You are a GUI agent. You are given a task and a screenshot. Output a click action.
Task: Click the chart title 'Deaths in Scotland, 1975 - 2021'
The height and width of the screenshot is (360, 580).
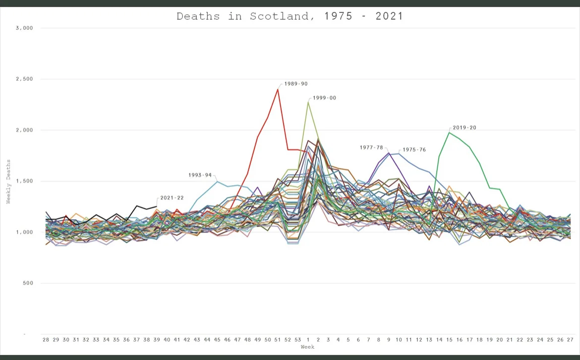pyautogui.click(x=290, y=16)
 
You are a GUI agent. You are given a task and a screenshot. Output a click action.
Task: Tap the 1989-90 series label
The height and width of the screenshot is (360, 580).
pyautogui.click(x=296, y=84)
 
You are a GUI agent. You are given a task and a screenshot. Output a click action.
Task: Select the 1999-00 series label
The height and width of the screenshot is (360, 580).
pyautogui.click(x=324, y=98)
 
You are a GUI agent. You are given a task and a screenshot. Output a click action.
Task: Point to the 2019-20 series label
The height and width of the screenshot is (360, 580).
pyautogui.click(x=464, y=127)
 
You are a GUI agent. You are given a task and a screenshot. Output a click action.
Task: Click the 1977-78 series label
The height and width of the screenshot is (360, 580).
pyautogui.click(x=371, y=147)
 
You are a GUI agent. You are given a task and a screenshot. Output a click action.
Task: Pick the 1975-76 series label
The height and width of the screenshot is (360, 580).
pyautogui.click(x=414, y=149)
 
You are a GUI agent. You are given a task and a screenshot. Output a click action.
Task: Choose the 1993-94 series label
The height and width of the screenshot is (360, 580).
pyautogui.click(x=200, y=175)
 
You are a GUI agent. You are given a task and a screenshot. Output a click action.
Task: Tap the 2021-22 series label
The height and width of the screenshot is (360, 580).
pyautogui.click(x=172, y=198)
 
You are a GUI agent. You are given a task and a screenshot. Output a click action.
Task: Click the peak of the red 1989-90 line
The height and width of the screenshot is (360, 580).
pyautogui.click(x=278, y=89)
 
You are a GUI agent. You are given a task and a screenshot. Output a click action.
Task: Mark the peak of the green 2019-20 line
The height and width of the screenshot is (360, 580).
pyautogui.click(x=449, y=132)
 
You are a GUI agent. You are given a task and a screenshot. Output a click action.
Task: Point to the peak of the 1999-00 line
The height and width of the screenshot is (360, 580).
pyautogui.click(x=308, y=102)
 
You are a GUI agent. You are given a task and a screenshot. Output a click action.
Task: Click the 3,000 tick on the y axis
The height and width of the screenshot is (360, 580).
pyautogui.click(x=24, y=28)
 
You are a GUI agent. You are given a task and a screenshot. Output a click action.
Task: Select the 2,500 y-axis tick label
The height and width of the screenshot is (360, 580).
pyautogui.click(x=24, y=79)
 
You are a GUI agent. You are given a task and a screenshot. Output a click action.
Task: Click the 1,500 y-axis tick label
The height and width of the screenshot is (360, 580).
pyautogui.click(x=24, y=181)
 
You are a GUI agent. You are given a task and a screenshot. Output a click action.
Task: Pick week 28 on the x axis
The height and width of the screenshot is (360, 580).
pyautogui.click(x=46, y=340)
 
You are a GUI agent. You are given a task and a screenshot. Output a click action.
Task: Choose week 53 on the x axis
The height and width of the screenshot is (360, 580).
pyautogui.click(x=298, y=340)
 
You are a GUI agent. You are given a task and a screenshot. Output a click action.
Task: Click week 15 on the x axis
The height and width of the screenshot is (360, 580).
pyautogui.click(x=449, y=340)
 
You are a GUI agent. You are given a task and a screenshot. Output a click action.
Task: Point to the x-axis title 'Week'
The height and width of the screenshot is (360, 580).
pyautogui.click(x=307, y=347)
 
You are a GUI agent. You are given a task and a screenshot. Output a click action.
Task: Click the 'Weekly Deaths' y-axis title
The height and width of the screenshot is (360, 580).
pyautogui.click(x=8, y=181)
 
